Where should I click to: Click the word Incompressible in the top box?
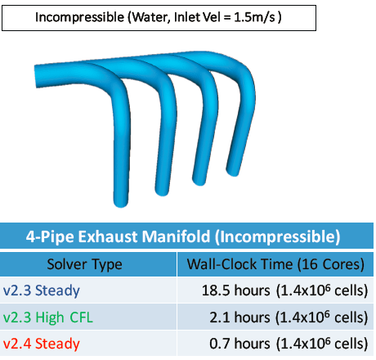(79, 18)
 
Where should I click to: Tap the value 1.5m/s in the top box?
(254, 17)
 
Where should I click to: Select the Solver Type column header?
(84, 264)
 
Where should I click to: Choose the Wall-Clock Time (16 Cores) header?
(275, 264)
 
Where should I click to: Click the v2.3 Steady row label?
(42, 290)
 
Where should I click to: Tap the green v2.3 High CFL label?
(48, 317)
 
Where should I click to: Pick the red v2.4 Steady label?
(42, 344)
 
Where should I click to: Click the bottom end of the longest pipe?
(120, 203)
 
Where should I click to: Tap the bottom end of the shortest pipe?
(232, 172)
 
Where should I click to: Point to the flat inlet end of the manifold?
(35, 76)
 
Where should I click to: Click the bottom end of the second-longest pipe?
(162, 191)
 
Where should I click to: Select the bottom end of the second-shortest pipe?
(199, 182)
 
